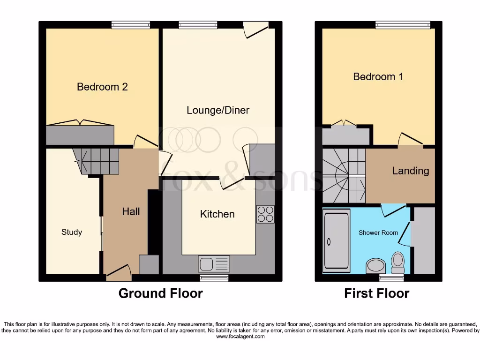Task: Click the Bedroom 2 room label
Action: [x=102, y=87]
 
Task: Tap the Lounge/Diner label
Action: [x=217, y=110]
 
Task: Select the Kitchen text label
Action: [x=217, y=214]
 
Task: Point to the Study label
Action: [x=72, y=232]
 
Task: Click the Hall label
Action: [x=131, y=211]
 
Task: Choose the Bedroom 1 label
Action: [x=378, y=76]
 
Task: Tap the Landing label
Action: [x=410, y=171]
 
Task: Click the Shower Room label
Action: [x=378, y=232]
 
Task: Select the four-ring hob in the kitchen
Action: [x=265, y=214]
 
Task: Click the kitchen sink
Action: [x=214, y=264]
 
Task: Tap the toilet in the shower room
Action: [x=397, y=262]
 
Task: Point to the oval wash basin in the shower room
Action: [x=375, y=266]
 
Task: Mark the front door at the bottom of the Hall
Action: [x=118, y=273]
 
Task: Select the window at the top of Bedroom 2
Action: [x=131, y=25]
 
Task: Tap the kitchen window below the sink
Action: [x=214, y=278]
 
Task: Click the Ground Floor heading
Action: [x=160, y=293]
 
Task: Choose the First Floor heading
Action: [x=376, y=293]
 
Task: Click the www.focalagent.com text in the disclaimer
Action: [x=240, y=337]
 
